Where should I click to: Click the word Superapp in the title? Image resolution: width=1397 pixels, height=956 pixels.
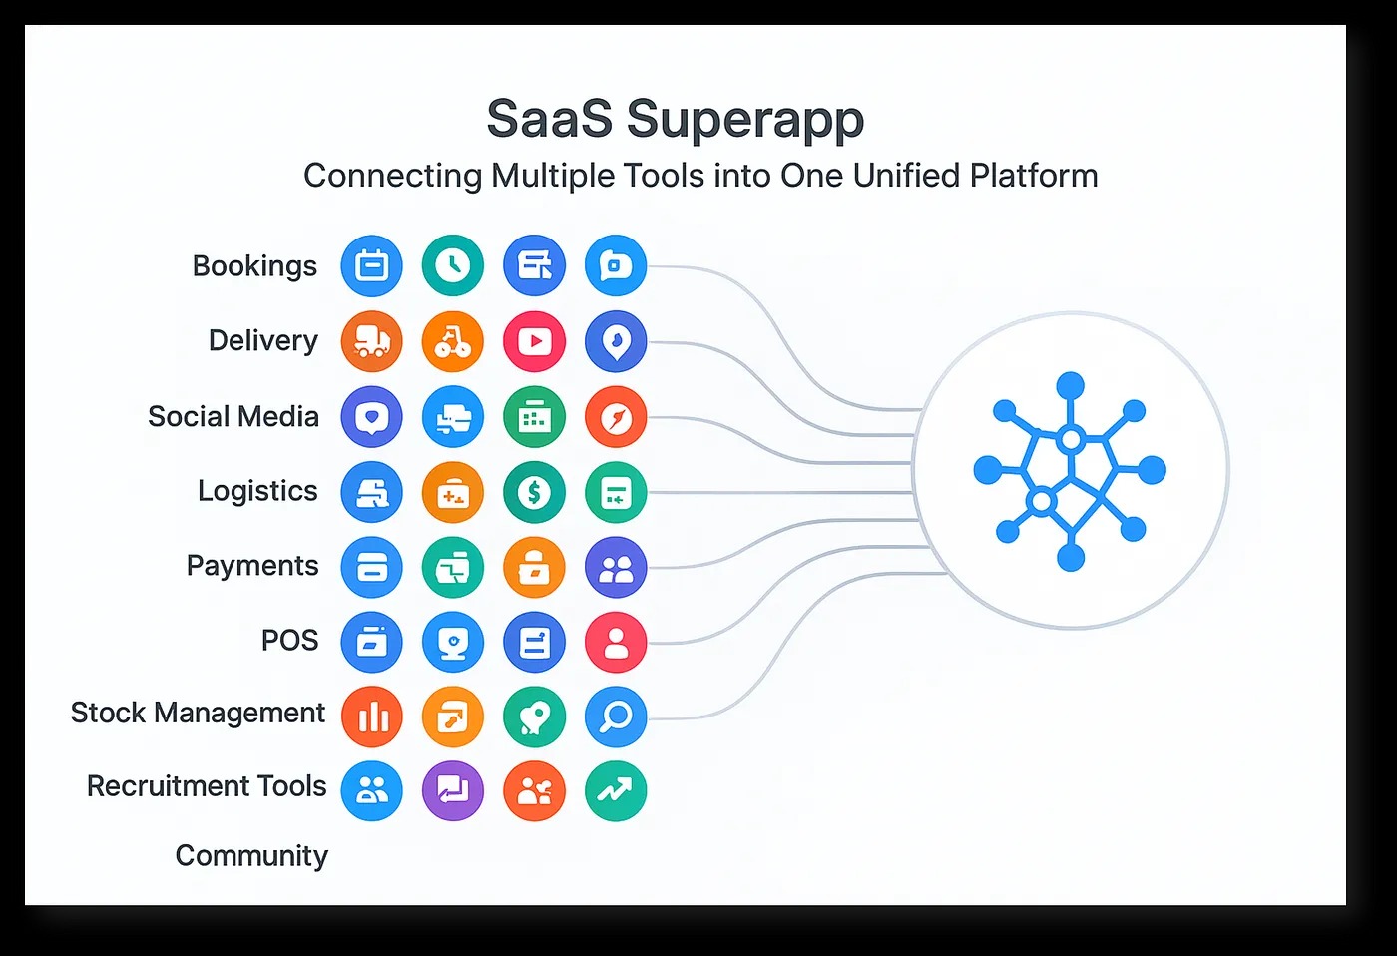coord(744,121)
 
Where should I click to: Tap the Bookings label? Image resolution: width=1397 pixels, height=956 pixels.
coord(254,266)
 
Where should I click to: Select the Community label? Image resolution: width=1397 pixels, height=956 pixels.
coord(251,855)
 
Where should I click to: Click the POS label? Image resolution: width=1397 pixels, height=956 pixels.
coord(289,640)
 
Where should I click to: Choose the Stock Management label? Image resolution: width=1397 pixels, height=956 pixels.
coord(198,713)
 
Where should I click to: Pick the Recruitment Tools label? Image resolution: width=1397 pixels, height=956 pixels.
coord(207,786)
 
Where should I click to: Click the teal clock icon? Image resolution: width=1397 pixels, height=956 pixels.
coord(453,265)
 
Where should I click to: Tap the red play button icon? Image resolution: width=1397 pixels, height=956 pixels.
coord(534,341)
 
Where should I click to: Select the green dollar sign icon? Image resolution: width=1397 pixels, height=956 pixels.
coord(534,492)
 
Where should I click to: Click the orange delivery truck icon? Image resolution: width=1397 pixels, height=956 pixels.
coord(371,341)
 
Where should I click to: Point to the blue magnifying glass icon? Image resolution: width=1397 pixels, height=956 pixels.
coord(616,717)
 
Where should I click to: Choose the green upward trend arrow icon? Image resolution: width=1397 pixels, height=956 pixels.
coord(616,791)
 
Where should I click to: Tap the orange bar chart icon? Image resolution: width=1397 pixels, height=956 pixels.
coord(371,717)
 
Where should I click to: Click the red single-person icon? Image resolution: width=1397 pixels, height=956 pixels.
coord(616,642)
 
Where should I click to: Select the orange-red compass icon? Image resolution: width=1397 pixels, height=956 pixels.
coord(616,417)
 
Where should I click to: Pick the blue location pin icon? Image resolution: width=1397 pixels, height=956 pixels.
coord(616,341)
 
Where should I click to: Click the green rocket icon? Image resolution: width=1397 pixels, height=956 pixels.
coord(534,717)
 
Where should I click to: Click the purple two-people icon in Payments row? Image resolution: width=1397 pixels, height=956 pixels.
coord(616,567)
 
